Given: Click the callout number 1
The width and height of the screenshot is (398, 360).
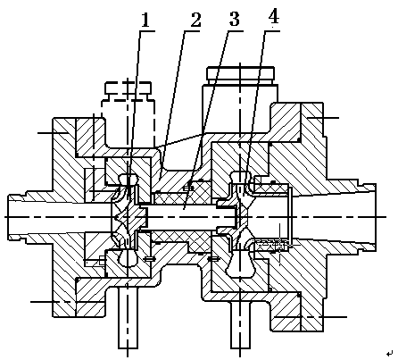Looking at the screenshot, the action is [x=145, y=21].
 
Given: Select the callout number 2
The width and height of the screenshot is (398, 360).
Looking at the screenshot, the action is [x=195, y=20].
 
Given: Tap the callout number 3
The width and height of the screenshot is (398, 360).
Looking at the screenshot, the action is [x=235, y=20].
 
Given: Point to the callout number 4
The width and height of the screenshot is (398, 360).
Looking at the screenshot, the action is [x=274, y=17].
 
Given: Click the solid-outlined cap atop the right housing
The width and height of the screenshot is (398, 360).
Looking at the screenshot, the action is [x=240, y=75].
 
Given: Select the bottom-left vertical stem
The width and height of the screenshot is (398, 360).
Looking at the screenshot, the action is [x=128, y=318].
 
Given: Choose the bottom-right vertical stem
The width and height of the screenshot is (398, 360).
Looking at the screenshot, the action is [x=241, y=324].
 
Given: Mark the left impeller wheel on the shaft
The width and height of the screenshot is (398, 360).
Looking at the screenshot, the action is [x=128, y=217].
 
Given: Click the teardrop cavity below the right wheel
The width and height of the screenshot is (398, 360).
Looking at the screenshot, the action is [x=240, y=264].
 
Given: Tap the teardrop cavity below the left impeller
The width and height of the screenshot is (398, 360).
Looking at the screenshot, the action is [x=128, y=257].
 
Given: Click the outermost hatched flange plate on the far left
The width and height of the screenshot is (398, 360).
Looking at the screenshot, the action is [x=64, y=217].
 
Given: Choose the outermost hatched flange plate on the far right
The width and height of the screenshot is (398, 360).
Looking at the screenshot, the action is [x=311, y=217].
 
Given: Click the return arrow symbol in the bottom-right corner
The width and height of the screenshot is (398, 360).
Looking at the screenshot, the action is [x=389, y=354].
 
